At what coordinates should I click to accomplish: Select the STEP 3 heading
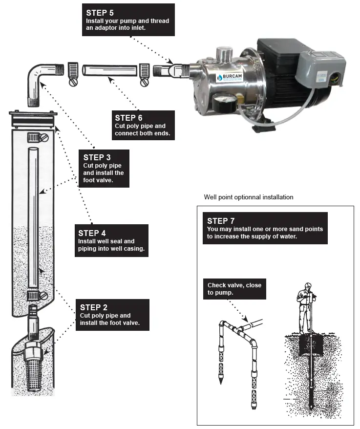click(96, 157)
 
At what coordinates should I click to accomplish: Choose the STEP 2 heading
click(93, 307)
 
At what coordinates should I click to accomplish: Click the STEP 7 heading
click(220, 221)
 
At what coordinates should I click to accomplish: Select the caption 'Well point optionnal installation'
click(248, 197)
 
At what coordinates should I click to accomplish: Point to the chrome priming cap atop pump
click(225, 52)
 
